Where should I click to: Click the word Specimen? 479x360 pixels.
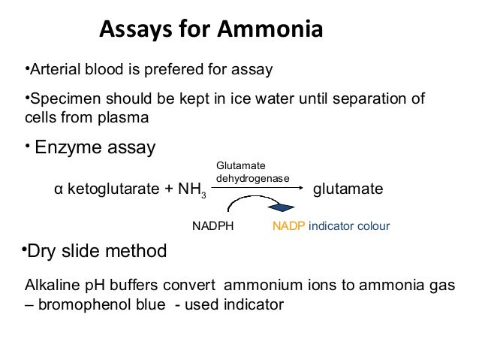click(57, 100)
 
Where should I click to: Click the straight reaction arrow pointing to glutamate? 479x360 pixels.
click(258, 188)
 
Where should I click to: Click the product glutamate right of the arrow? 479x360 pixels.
click(348, 189)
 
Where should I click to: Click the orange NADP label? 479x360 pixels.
click(288, 225)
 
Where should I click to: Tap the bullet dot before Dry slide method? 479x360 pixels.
click(23, 249)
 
